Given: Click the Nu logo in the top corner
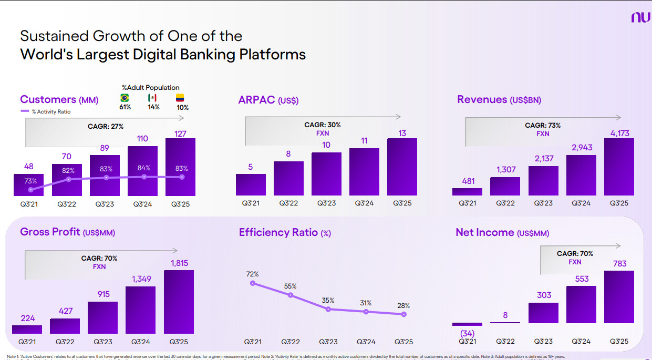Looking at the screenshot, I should click(640, 18).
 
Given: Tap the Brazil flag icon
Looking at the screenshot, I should click(125, 98).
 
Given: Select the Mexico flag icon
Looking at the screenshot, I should click(152, 98).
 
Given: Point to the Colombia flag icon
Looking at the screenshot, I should click(180, 98).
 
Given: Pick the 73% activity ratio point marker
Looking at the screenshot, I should click(31, 190).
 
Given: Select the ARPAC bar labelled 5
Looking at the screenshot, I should click(251, 184).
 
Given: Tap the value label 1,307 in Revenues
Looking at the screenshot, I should click(505, 170).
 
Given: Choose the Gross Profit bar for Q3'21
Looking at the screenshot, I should click(27, 329).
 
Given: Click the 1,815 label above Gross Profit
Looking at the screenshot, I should click(179, 263).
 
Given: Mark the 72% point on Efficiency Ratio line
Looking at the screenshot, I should click(253, 283).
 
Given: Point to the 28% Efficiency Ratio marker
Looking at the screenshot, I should click(403, 314).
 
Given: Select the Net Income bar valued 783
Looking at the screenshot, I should click(619, 297).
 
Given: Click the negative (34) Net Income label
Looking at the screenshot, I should click(467, 333).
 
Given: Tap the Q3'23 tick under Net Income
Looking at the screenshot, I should click(543, 342).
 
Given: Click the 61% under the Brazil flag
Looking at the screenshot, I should click(125, 108).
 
